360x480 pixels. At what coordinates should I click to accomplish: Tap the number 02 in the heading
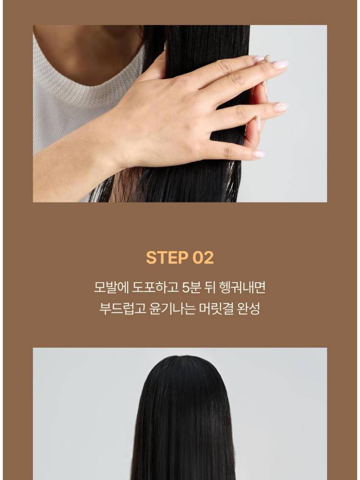(x=203, y=257)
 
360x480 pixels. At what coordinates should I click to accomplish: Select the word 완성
(x=249, y=309)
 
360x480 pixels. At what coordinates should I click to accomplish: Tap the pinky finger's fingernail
(x=259, y=154)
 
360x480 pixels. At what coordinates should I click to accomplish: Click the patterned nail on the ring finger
(x=281, y=107)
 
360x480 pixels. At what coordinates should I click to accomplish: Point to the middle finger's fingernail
(x=280, y=65)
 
